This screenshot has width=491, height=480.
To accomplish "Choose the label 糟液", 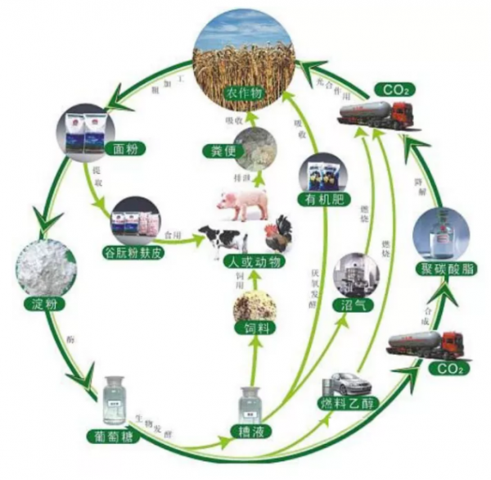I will [255, 428].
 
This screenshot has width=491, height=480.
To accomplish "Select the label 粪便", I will [217, 150].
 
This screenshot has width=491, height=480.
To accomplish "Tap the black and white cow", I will [221, 237].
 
